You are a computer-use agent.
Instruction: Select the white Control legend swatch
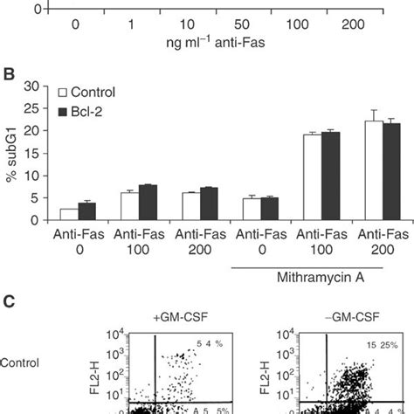pyautogui.click(x=62, y=92)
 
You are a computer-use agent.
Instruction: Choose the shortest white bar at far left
pyautogui.click(x=68, y=214)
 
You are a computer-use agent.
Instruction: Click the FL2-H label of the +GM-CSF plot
pyautogui.click(x=110, y=377)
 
